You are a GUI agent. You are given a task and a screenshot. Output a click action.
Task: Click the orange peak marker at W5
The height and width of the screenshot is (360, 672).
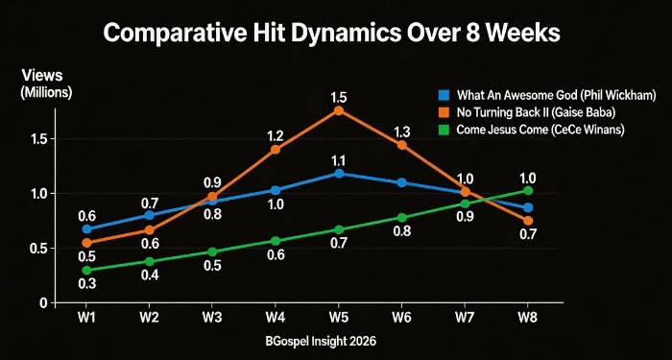coord(339,110)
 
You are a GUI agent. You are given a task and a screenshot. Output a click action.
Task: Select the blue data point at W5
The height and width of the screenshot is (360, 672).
coord(339,173)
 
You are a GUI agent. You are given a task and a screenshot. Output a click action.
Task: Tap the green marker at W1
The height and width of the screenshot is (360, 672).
coord(86,270)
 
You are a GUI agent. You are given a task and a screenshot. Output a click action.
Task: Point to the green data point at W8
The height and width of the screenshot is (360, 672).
coord(528,191)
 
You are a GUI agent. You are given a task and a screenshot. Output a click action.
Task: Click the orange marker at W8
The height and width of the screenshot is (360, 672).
coord(528,221)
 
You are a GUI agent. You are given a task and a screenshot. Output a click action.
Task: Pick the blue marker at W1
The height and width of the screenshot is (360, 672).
coord(86,228)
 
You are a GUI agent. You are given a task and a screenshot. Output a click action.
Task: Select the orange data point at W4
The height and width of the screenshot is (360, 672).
coord(276,149)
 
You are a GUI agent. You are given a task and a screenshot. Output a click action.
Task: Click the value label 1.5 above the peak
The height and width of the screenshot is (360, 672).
coord(339,98)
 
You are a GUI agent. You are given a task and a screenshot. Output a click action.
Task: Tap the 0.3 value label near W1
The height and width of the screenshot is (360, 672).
coord(86,284)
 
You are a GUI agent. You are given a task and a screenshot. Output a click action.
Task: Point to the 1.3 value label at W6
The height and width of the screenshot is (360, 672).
coord(402,132)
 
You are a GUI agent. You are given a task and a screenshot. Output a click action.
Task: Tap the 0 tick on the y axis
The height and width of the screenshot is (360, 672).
coord(43,302)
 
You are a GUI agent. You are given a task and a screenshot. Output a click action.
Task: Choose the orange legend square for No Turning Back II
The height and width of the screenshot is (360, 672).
coord(444,112)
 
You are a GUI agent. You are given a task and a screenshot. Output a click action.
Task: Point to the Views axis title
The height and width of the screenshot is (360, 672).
coord(39,74)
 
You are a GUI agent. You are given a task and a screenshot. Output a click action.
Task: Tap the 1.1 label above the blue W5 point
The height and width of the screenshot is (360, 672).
coord(339,160)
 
